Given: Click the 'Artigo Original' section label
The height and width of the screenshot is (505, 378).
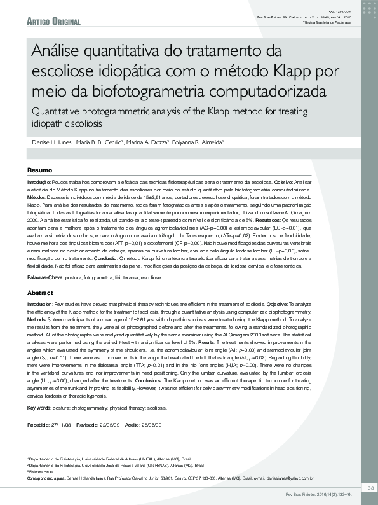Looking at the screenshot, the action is [x=53, y=22].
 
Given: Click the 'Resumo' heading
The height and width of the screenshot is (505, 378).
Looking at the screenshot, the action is [x=39, y=170].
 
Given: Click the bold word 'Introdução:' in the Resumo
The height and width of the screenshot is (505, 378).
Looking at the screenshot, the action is [x=39, y=182].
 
